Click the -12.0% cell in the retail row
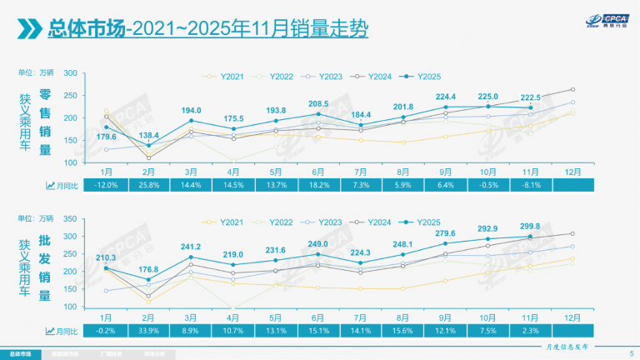click(106, 184)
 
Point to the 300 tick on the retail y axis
click(71, 73)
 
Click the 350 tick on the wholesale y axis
click(71, 219)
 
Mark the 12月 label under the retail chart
click(573, 172)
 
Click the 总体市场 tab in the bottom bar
click(21, 352)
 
